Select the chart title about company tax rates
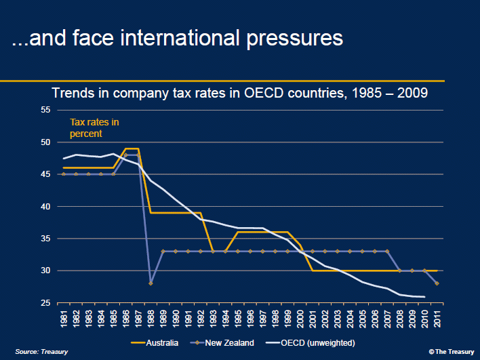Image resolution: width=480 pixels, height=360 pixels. click(241, 93)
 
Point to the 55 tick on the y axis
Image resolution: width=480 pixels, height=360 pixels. click(46, 110)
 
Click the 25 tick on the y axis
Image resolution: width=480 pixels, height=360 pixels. click(46, 302)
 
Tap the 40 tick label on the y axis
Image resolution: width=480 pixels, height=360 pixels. click(46, 206)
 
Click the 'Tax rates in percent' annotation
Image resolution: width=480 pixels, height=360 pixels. click(94, 128)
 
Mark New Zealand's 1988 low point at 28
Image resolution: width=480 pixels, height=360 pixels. click(151, 283)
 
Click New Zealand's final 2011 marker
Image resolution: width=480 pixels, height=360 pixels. click(437, 283)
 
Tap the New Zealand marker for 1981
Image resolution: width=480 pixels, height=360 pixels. click(64, 174)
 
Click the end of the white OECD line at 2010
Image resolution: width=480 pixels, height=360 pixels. click(425, 296)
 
